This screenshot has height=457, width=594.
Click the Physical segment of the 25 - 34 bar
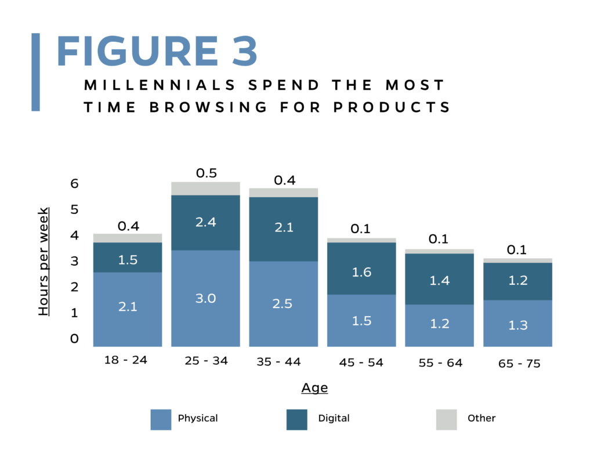[x=205, y=298]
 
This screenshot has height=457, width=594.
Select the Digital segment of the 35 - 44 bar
[x=284, y=229]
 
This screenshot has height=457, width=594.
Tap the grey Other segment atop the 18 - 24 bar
[x=127, y=238]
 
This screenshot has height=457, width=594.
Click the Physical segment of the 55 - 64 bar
[x=440, y=325]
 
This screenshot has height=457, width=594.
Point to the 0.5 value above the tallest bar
[x=205, y=173]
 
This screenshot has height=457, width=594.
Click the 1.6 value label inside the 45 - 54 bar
[x=361, y=272]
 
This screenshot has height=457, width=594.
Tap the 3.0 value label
[x=205, y=298]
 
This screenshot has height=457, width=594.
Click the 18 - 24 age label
[x=126, y=360]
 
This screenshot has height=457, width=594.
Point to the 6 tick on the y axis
[x=74, y=184]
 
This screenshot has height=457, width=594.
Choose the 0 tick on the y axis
[x=74, y=339]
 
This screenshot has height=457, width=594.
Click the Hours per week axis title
[x=44, y=261]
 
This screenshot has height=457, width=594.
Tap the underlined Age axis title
[x=314, y=388]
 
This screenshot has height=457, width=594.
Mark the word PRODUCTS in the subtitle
[x=400, y=107]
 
